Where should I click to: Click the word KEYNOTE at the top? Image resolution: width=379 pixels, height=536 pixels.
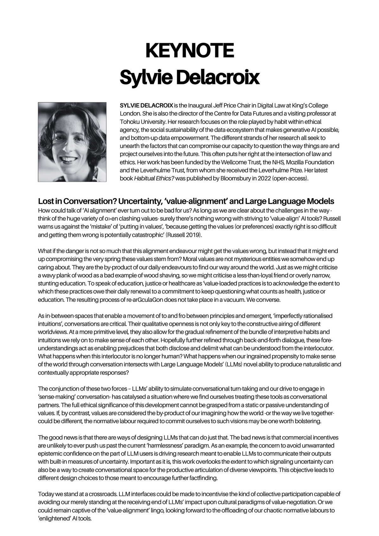click(189, 51)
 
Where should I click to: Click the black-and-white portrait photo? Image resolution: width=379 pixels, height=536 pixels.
click(72, 142)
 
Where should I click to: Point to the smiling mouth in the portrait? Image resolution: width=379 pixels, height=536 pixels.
click(68, 158)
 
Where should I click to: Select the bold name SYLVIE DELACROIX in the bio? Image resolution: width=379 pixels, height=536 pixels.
click(146, 105)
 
